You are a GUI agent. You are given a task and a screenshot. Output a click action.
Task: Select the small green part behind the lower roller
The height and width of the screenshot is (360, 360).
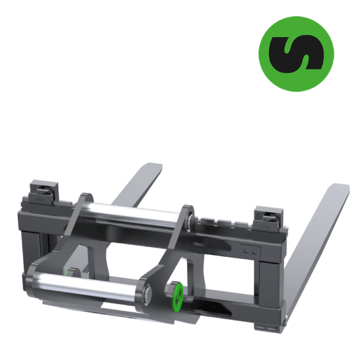67,270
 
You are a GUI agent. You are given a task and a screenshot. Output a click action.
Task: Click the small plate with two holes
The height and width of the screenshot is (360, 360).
251,252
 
